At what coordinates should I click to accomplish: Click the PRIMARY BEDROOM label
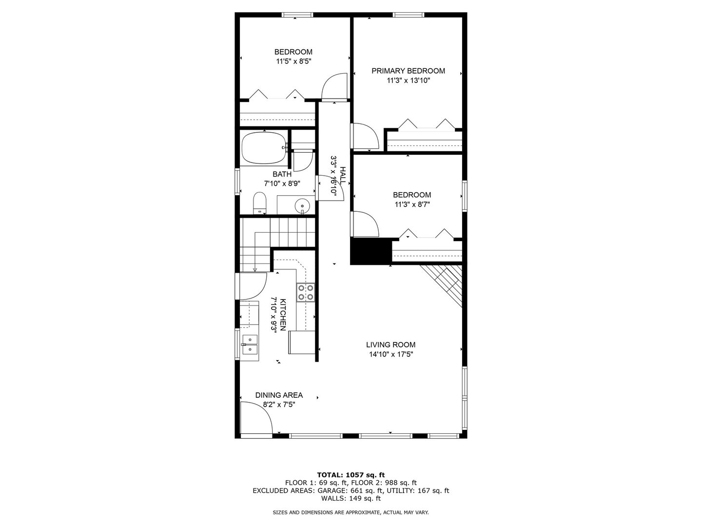tap(408, 71)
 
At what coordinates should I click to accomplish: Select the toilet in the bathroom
tap(259, 203)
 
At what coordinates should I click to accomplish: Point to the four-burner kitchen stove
tap(306, 292)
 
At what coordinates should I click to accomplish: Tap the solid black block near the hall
tap(371, 251)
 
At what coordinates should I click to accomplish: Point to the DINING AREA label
tap(279, 395)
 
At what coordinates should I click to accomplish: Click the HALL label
tap(343, 175)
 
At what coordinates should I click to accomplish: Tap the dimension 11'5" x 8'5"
tap(293, 61)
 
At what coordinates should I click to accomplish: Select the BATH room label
tap(282, 174)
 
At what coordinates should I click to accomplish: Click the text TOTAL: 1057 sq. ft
tap(351, 474)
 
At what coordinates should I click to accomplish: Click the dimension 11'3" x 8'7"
tap(412, 205)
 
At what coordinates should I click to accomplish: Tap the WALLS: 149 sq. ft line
tap(351, 498)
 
